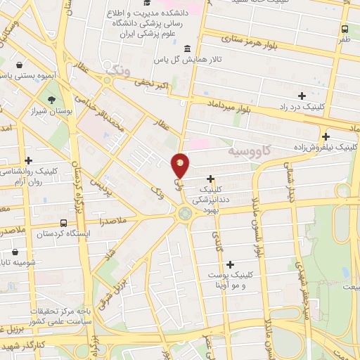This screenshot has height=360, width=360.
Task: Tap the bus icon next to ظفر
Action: point(345,30)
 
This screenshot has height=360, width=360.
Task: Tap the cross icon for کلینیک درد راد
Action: point(302,95)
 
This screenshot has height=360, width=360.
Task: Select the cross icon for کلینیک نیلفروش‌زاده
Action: point(326,136)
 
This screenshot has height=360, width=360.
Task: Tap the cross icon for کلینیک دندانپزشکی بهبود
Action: point(210,179)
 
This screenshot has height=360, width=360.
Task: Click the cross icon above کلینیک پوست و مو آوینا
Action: point(230,264)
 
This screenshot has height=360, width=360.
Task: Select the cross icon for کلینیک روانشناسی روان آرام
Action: point(28,161)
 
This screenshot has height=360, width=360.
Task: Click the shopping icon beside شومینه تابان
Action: point(15,252)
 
